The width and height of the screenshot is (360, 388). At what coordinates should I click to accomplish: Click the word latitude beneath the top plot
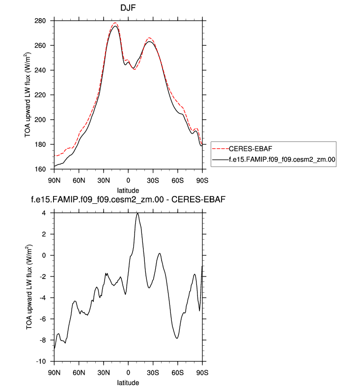coord(128,190)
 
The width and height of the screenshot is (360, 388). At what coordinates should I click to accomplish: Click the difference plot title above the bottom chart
coord(128,200)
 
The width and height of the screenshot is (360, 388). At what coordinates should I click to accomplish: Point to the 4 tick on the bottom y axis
coord(44,213)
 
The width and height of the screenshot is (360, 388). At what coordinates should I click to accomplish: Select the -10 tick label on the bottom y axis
coord(41,361)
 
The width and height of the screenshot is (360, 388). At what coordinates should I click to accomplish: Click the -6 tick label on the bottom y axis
coord(43,319)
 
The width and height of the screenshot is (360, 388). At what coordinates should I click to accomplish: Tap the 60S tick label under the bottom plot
coord(177,371)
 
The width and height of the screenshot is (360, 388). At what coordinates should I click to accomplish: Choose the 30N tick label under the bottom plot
coord(103,371)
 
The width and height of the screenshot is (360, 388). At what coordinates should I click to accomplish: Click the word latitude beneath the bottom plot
coord(128,382)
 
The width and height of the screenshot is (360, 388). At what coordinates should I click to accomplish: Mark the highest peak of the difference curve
coord(138,214)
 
